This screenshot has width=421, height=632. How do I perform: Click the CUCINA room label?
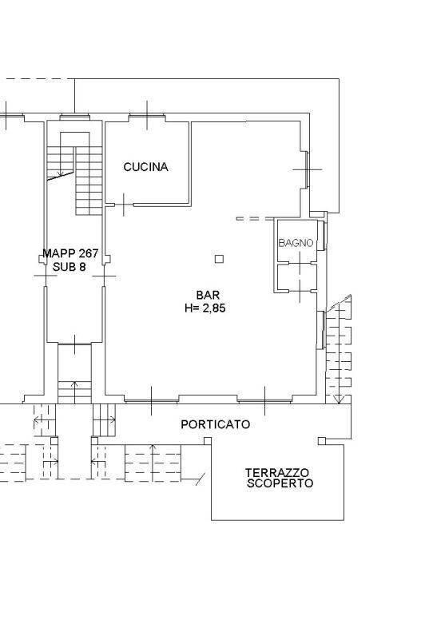click(145, 167)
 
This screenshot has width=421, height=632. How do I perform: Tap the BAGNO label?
click(296, 243)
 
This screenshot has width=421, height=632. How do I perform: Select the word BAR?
click(208, 295)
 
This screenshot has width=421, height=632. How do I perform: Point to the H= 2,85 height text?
click(205, 308)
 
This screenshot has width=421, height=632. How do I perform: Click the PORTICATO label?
click(216, 424)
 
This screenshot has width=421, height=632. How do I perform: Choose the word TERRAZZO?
click(277, 472)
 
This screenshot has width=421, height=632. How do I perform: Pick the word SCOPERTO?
click(280, 483)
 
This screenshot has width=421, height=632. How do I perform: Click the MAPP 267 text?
click(70, 253)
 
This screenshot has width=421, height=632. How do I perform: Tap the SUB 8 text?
click(70, 267)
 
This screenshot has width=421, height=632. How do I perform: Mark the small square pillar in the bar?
click(219, 259)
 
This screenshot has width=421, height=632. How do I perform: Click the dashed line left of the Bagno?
click(255, 219)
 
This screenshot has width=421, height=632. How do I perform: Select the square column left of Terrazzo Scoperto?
click(208, 441)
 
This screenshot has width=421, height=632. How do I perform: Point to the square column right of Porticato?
click(322, 441)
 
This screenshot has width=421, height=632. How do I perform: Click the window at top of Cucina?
click(147, 117)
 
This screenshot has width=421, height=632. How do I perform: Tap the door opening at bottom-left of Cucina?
click(124, 205)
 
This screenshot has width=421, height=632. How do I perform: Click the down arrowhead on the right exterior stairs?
click(340, 399)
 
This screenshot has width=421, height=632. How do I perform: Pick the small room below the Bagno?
click(297, 277)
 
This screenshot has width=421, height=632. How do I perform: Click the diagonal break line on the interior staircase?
click(61, 176)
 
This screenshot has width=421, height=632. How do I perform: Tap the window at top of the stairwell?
click(75, 117)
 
